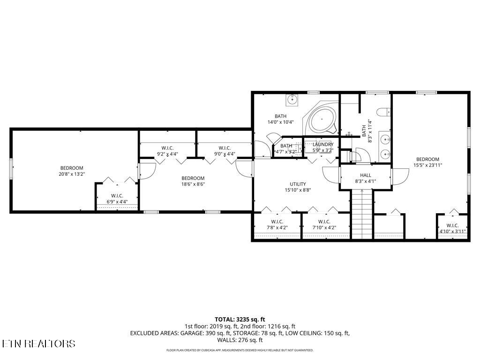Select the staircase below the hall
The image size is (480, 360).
[361, 213]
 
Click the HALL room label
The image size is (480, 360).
[365, 175]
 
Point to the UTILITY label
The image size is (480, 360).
[298, 184]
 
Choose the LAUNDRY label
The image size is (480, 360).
[322, 144]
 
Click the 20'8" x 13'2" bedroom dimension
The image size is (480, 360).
[72, 174]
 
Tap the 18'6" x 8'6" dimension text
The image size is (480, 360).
[193, 184]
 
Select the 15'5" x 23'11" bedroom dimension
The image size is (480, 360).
[427, 165]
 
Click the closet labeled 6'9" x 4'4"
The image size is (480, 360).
[117, 199]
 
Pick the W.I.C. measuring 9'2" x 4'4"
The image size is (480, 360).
[167, 151]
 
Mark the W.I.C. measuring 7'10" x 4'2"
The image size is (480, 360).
[325, 225]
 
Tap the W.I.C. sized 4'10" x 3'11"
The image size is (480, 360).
[452, 228]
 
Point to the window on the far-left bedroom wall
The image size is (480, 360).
[11, 169]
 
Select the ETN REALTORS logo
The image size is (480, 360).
[38, 344]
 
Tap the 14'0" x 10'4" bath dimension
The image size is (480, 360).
[280, 122]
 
